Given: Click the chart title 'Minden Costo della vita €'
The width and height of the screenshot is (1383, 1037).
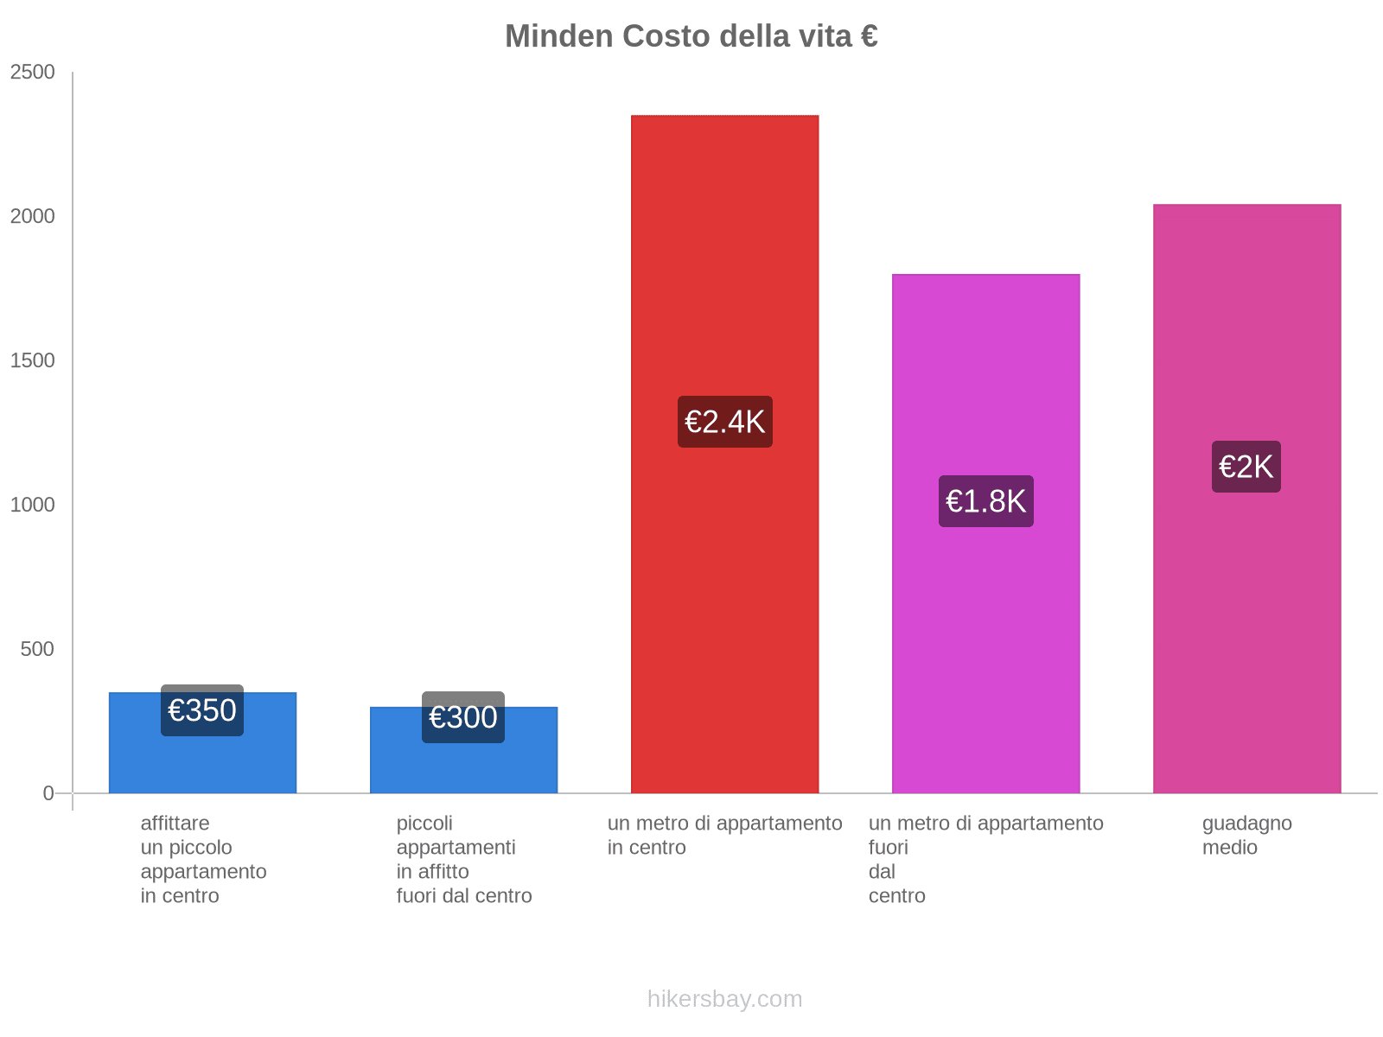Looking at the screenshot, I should pyautogui.click(x=691, y=36).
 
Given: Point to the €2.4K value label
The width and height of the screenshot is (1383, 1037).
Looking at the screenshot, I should pyautogui.click(x=724, y=422).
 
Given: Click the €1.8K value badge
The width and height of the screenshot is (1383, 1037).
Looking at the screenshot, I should pyautogui.click(x=985, y=501).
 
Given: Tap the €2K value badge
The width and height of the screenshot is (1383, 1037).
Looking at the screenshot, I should pyautogui.click(x=1246, y=467).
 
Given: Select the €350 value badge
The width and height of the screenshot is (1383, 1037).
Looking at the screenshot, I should pyautogui.click(x=202, y=710).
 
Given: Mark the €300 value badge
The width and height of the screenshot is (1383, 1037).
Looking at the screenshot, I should pyautogui.click(x=463, y=717).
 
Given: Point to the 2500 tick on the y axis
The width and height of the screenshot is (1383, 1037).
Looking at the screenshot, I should pyautogui.click(x=33, y=73).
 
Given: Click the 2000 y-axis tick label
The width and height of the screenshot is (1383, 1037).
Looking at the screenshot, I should pyautogui.click(x=33, y=217).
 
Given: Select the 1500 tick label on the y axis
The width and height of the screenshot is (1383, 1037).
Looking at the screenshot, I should pyautogui.click(x=33, y=361).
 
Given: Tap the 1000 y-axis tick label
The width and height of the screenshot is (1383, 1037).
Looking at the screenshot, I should pyautogui.click(x=33, y=505).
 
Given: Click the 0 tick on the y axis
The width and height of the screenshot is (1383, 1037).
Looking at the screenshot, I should pyautogui.click(x=48, y=793).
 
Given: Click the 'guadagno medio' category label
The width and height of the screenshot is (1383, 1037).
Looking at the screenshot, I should pyautogui.click(x=1246, y=835).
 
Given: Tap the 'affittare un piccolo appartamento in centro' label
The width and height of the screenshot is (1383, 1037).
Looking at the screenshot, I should pyautogui.click(x=203, y=859).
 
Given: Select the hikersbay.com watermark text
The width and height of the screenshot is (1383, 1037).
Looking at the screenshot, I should pyautogui.click(x=724, y=999).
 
